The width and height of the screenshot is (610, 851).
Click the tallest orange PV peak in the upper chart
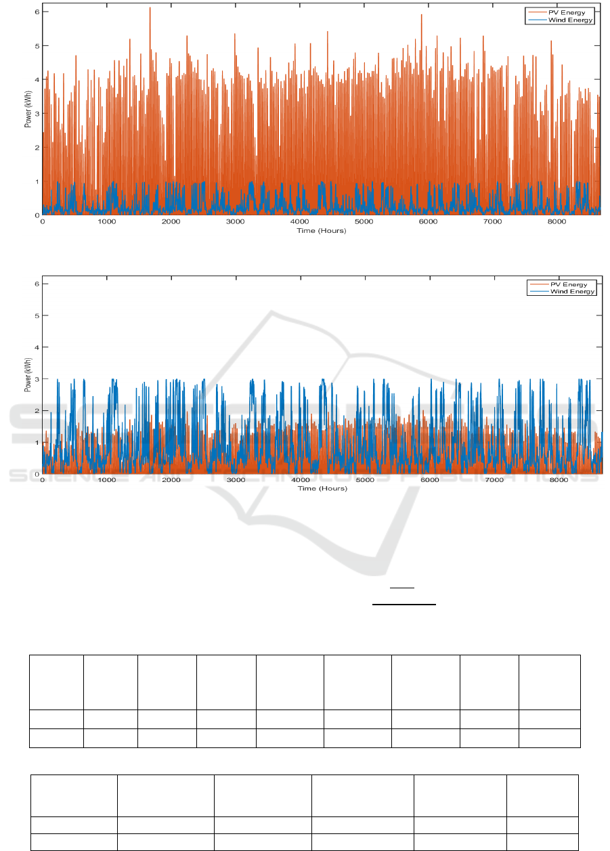click(x=150, y=8)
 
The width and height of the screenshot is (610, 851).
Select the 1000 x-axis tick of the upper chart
click(x=107, y=222)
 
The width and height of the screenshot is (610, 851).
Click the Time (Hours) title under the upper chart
click(x=321, y=231)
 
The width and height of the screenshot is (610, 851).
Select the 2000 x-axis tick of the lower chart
click(x=171, y=480)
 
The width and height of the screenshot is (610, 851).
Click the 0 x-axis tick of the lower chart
click(x=43, y=480)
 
